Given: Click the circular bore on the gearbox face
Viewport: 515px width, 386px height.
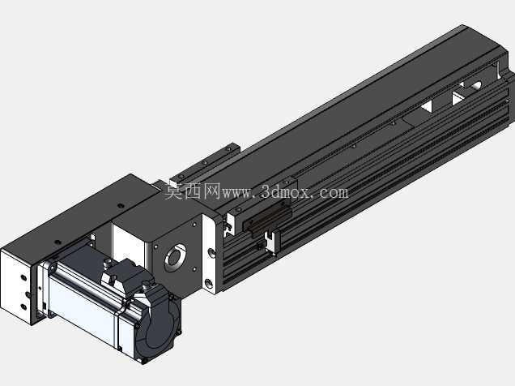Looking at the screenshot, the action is coord(176,257).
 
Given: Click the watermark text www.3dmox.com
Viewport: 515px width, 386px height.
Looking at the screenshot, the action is coord(285,192).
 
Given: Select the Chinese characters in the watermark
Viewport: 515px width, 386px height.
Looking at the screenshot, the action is coord(193,191).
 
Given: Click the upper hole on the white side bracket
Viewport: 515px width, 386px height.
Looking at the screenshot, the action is coord(211,252).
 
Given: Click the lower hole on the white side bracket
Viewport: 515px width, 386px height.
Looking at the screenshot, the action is coord(209,283).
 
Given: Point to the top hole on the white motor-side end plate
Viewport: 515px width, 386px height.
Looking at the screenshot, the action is coord(23,278).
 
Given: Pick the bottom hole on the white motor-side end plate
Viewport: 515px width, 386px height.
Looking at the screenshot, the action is coord(23,307).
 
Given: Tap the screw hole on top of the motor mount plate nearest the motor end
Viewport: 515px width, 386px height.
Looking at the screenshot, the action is coord(57,242).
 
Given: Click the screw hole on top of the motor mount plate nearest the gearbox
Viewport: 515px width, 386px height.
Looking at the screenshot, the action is coord(121,206).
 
